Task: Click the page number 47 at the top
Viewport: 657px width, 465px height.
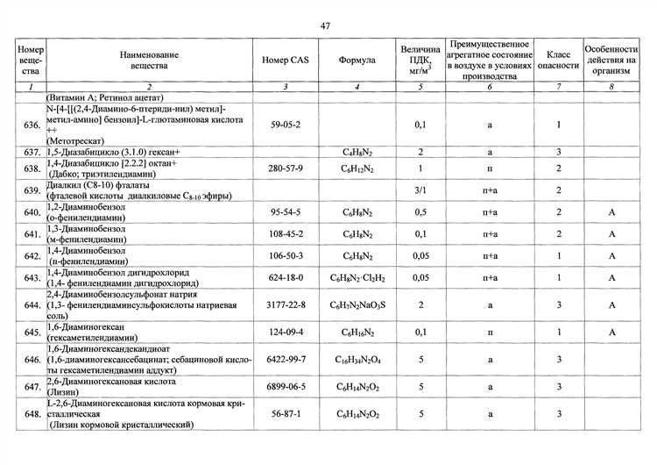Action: pos(325,25)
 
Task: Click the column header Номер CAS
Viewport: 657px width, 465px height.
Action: pos(285,61)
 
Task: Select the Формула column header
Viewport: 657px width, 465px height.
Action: pos(357,61)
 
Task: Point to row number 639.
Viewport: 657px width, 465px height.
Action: pos(32,190)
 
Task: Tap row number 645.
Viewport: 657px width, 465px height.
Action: pos(32,333)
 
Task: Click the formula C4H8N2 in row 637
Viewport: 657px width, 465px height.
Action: pos(357,153)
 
